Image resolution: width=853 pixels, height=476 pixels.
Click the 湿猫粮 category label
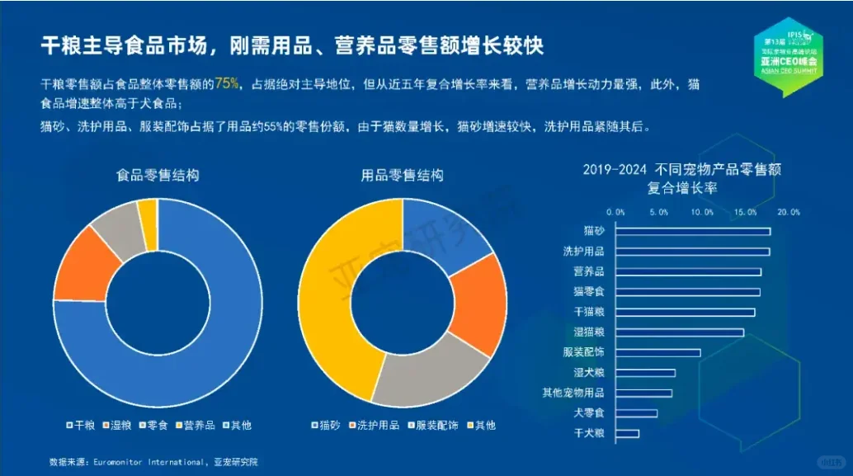coord(589,332)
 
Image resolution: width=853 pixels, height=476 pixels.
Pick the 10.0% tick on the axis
coord(702,212)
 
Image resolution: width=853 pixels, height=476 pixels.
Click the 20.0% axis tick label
coord(789,212)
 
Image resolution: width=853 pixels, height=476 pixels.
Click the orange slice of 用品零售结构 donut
coord(483,302)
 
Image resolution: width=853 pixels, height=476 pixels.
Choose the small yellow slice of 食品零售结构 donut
coord(148,212)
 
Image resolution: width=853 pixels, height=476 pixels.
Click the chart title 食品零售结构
coord(158,176)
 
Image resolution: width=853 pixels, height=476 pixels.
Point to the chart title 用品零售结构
coord(403,176)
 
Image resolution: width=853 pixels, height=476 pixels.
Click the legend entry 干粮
coord(80,425)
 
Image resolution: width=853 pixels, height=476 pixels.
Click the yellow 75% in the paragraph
coord(228,84)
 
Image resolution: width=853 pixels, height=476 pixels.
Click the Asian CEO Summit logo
coord(789,54)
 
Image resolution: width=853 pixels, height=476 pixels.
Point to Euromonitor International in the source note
coord(142,462)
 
